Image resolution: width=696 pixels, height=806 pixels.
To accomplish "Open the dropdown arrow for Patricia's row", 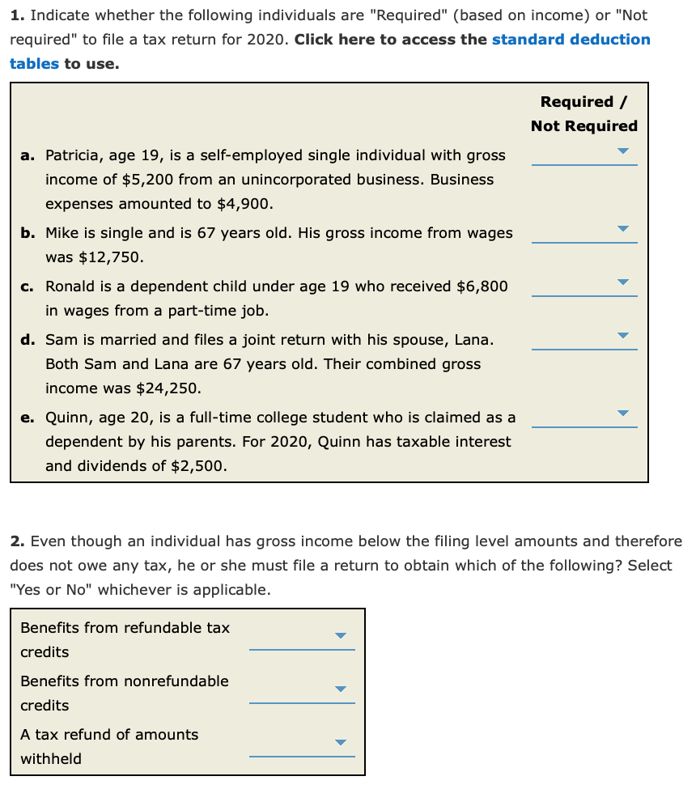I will [x=622, y=151].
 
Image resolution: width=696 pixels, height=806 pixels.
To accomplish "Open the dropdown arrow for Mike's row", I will [x=622, y=229].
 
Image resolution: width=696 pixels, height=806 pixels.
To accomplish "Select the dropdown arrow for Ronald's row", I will [x=622, y=282].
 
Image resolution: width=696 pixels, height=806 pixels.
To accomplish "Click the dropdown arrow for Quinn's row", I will [x=622, y=414].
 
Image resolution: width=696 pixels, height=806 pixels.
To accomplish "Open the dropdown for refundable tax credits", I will [x=340, y=636].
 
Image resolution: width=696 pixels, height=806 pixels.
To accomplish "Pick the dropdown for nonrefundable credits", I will [x=340, y=689].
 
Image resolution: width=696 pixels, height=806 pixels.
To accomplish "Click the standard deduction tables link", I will [x=571, y=40].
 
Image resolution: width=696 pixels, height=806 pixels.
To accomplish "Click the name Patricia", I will [x=72, y=155].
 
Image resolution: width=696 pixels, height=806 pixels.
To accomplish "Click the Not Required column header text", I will [x=584, y=126].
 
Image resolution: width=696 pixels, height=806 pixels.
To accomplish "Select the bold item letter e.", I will [x=27, y=418].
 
